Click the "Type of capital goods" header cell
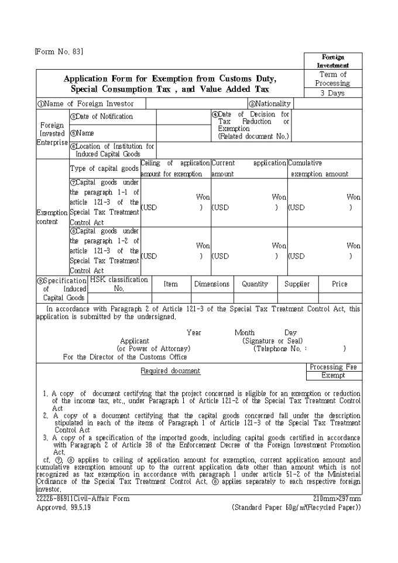click(x=104, y=169)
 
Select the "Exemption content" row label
click(x=52, y=218)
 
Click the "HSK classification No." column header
click(x=119, y=284)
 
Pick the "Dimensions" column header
click(x=212, y=284)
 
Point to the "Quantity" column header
click(x=255, y=284)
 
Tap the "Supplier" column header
click(x=297, y=284)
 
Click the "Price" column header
click(x=339, y=284)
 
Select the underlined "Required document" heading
click(x=170, y=371)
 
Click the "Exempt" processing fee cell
click(x=333, y=376)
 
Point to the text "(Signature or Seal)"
click(x=272, y=341)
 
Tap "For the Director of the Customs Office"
click(x=125, y=356)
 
